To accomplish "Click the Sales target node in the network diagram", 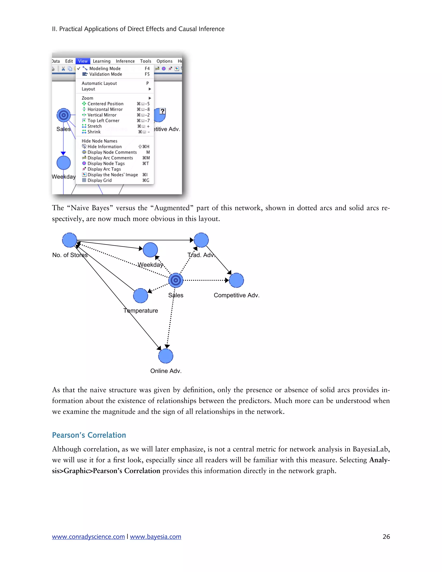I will coord(176,280).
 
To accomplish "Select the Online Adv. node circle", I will coord(166,356).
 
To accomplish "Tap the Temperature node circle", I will coord(141,296).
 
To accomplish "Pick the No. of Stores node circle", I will coord(69,240).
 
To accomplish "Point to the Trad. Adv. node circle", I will coord(201,240).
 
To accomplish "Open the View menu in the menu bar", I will coord(83,61).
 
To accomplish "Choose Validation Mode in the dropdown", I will coord(106,74).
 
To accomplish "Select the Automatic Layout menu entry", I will coord(99,83).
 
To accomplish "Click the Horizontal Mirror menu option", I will coord(105,109).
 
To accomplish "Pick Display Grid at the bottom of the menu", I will coord(99,180).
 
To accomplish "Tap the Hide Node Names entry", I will coord(99,141).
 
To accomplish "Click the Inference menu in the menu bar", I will coord(125,61).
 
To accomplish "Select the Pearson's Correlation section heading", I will coord(89,435).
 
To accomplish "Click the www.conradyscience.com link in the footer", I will coord(88,537).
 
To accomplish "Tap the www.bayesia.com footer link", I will coord(156,537).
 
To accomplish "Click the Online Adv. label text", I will coord(166,371).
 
